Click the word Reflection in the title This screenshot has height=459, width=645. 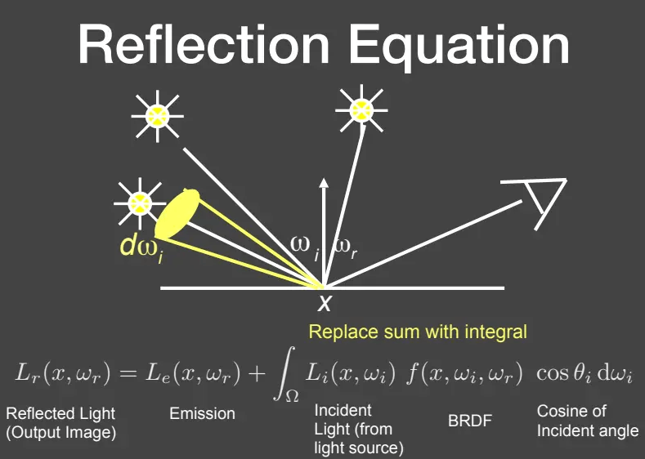tap(204, 44)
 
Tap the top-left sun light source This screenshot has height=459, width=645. tap(158, 116)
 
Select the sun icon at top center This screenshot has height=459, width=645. tap(361, 109)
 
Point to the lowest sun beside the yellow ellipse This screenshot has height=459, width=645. tap(141, 203)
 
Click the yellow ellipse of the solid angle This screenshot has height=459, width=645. tap(177, 214)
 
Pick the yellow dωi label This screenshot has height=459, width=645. tap(142, 248)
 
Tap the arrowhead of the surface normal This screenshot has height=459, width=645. tap(324, 183)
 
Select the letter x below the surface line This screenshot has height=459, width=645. tap(325, 304)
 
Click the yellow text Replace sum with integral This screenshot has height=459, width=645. tap(418, 332)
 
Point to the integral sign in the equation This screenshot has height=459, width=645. tap(286, 372)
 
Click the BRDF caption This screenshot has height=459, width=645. tap(470, 421)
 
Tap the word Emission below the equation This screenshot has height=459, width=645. tap(202, 413)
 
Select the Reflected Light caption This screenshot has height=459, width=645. tap(60, 423)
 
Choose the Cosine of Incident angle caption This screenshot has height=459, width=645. tap(588, 421)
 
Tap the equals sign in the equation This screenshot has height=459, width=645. tap(128, 373)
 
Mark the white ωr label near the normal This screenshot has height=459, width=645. tap(345, 247)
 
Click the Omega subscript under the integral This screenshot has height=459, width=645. tap(292, 396)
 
